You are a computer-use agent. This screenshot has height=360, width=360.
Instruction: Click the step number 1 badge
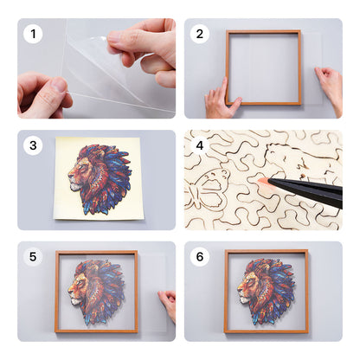tap(33, 35)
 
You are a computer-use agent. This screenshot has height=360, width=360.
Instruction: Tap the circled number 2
tap(200, 35)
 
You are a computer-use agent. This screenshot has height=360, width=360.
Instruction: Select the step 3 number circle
tap(33, 146)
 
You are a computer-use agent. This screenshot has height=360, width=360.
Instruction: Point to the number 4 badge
tap(200, 146)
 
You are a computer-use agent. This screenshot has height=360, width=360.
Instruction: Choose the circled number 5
tap(33, 257)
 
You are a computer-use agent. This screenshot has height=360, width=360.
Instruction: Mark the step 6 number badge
tap(200, 257)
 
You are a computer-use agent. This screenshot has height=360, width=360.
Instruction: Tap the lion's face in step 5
tap(85, 290)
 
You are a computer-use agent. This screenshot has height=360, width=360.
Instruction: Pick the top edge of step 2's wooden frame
tap(263, 32)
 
